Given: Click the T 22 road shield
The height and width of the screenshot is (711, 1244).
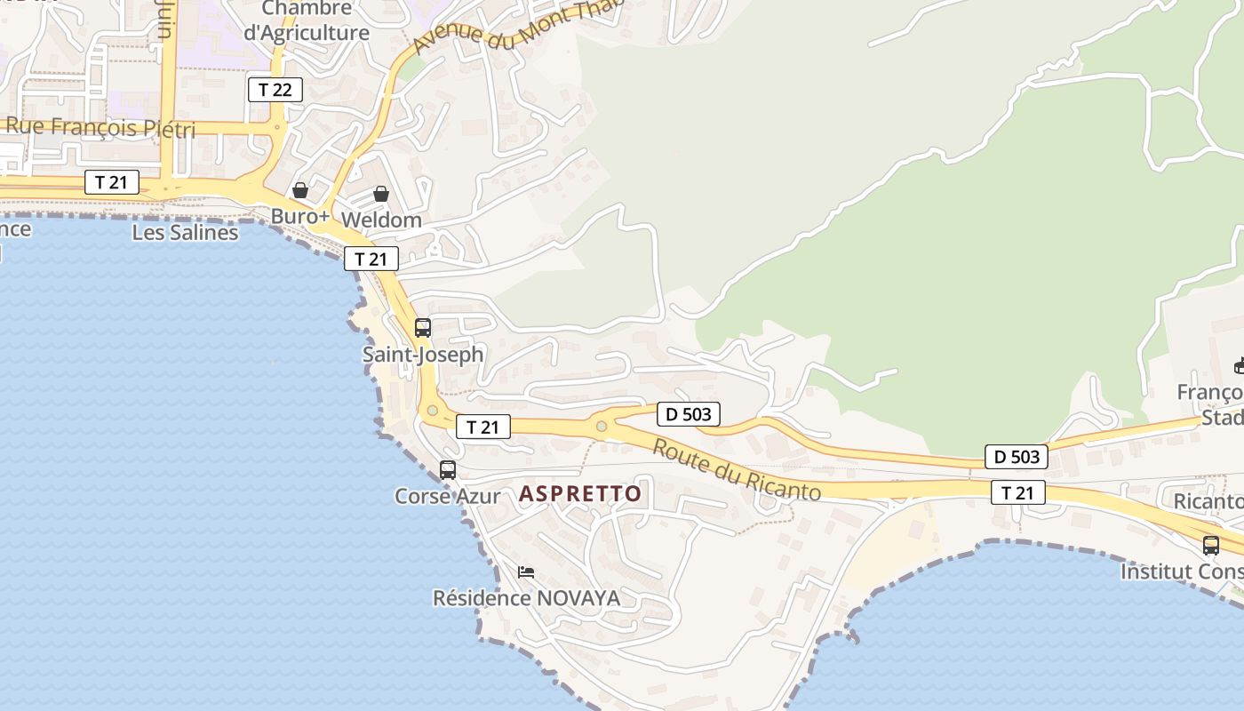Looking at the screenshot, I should click(275, 90).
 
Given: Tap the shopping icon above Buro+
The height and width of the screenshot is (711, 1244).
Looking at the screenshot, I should click(300, 190).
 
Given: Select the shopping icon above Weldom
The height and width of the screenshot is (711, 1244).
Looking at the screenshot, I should click(381, 193).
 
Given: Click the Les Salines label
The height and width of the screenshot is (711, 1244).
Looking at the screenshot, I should click(185, 233).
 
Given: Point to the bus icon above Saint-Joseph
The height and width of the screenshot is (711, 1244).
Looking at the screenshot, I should click(423, 327).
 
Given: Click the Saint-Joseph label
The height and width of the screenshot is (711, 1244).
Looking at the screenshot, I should click(423, 354).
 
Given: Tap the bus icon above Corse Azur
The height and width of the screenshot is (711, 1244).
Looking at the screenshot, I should click(448, 469).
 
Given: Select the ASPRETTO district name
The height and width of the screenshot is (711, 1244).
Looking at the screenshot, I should click(580, 494).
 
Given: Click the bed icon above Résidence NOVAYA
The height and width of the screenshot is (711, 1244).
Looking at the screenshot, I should click(526, 571).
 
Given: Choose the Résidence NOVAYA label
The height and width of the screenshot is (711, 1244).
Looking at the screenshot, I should click(526, 598).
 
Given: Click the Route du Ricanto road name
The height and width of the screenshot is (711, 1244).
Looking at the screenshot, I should click(737, 468).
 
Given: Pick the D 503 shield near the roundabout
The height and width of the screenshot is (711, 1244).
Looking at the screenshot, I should click(688, 413).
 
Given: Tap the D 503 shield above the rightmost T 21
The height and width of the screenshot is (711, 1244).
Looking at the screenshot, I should click(1016, 458).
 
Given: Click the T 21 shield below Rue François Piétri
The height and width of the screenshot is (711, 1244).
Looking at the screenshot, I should click(112, 182).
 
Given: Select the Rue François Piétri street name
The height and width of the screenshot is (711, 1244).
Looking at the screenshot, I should click(100, 128).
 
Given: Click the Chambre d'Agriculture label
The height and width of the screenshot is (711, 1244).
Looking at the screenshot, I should click(307, 21).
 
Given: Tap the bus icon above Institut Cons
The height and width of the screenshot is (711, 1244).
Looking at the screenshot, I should click(1210, 545).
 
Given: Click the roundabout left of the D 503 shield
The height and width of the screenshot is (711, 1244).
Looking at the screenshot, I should click(602, 427).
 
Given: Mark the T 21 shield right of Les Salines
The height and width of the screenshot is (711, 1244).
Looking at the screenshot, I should click(371, 259).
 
